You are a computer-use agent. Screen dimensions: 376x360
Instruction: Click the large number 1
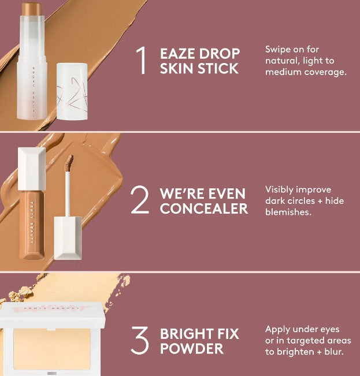142,60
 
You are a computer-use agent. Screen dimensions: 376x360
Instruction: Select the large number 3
140,341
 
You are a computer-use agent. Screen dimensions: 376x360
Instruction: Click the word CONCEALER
204,208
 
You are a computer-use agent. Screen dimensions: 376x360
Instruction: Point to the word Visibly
281,189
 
